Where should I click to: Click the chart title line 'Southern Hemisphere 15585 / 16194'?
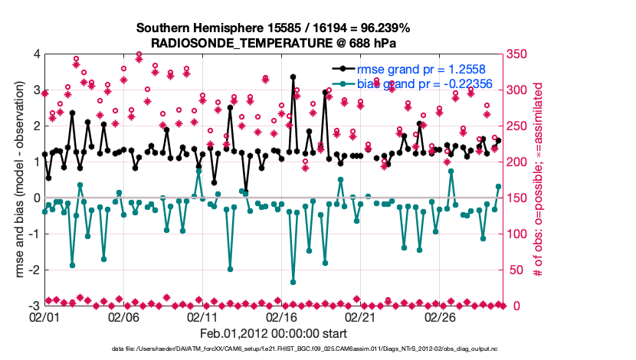pos(273,28)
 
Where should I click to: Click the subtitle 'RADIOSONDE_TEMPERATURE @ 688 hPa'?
pos(273,43)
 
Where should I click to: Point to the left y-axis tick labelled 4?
pos(36,54)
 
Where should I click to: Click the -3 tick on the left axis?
pos(34,306)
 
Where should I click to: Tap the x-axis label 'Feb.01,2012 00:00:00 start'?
pos(273,334)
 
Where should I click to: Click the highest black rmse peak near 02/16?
pos(293,77)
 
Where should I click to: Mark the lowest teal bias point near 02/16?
pos(293,283)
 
